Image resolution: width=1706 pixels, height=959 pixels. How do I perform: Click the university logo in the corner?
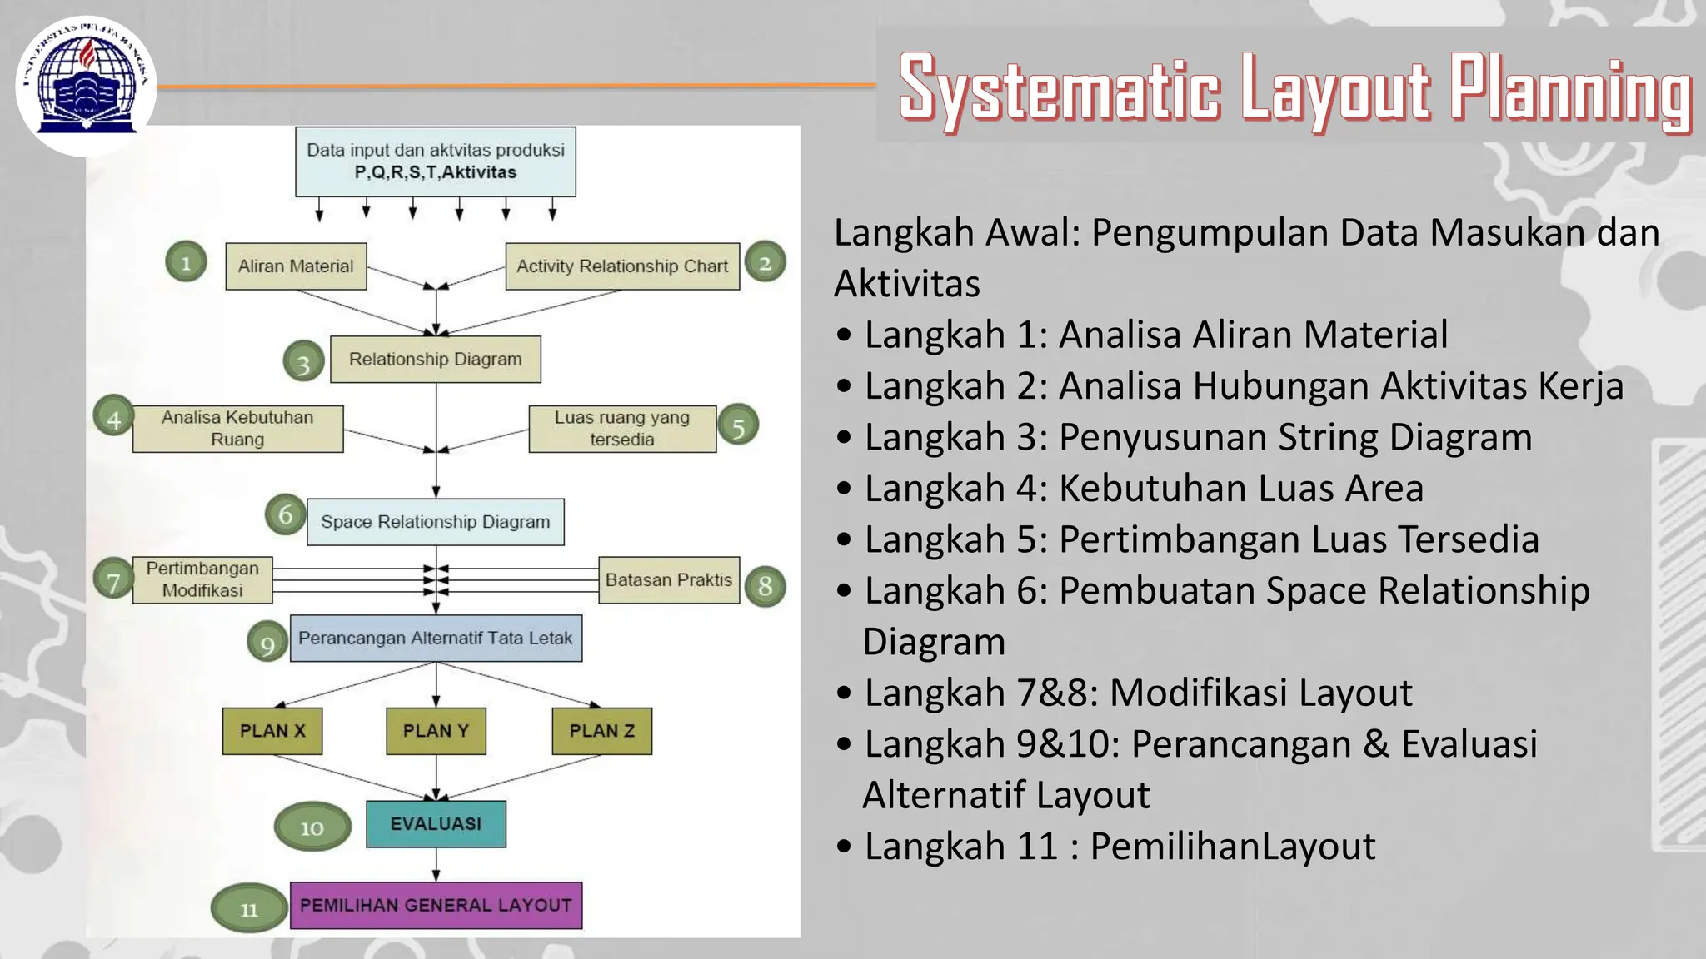click(86, 86)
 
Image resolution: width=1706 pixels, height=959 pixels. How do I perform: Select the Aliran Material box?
click(296, 266)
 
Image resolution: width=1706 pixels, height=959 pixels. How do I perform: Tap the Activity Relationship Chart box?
click(622, 266)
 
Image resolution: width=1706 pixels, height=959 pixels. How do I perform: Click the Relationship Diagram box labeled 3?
click(436, 360)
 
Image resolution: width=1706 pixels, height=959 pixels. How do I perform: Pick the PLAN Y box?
click(436, 731)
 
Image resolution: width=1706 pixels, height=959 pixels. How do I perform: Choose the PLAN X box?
click(272, 731)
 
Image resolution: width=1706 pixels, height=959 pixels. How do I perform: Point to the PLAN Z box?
click(601, 731)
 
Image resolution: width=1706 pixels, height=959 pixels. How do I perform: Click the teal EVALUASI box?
click(436, 824)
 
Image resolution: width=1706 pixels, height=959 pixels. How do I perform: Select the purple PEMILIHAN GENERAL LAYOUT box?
click(436, 905)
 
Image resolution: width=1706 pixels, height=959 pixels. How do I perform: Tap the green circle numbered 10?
click(312, 827)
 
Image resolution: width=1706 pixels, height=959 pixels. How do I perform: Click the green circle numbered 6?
click(285, 514)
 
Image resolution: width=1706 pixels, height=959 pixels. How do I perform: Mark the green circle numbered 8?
click(765, 586)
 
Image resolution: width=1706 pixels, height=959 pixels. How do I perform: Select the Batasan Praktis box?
click(669, 580)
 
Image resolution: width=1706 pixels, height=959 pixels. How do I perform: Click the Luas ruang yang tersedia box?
click(622, 429)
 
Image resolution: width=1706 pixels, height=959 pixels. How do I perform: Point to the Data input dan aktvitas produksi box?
click(436, 161)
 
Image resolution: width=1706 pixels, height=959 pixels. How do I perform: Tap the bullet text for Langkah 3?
click(1198, 437)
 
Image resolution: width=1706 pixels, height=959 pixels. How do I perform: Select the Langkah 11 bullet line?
click(1120, 847)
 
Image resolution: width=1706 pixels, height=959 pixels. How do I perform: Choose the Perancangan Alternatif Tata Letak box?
click(436, 639)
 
